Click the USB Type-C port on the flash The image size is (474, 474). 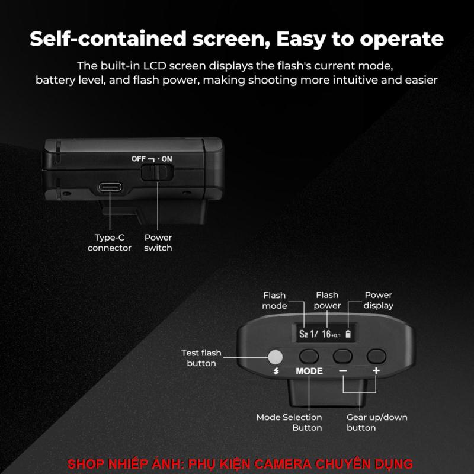[110, 187]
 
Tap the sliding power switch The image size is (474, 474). [157, 172]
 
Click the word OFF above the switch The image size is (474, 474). [139, 159]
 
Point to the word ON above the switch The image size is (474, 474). [166, 159]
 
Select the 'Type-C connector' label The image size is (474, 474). [110, 243]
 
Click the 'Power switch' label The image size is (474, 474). [158, 243]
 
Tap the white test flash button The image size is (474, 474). [275, 357]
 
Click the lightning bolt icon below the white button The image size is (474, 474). [276, 371]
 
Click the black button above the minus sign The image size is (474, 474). [342, 356]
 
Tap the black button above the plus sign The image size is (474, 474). [376, 356]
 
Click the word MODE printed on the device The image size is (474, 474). [309, 371]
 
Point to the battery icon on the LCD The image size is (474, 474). [348, 334]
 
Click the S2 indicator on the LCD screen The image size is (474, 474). [303, 334]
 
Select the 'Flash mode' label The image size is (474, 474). [274, 300]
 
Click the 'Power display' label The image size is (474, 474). [378, 300]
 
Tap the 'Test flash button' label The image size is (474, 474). [201, 358]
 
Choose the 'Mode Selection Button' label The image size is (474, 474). [289, 422]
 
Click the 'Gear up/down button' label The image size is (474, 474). [377, 422]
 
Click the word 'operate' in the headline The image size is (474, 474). [402, 40]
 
